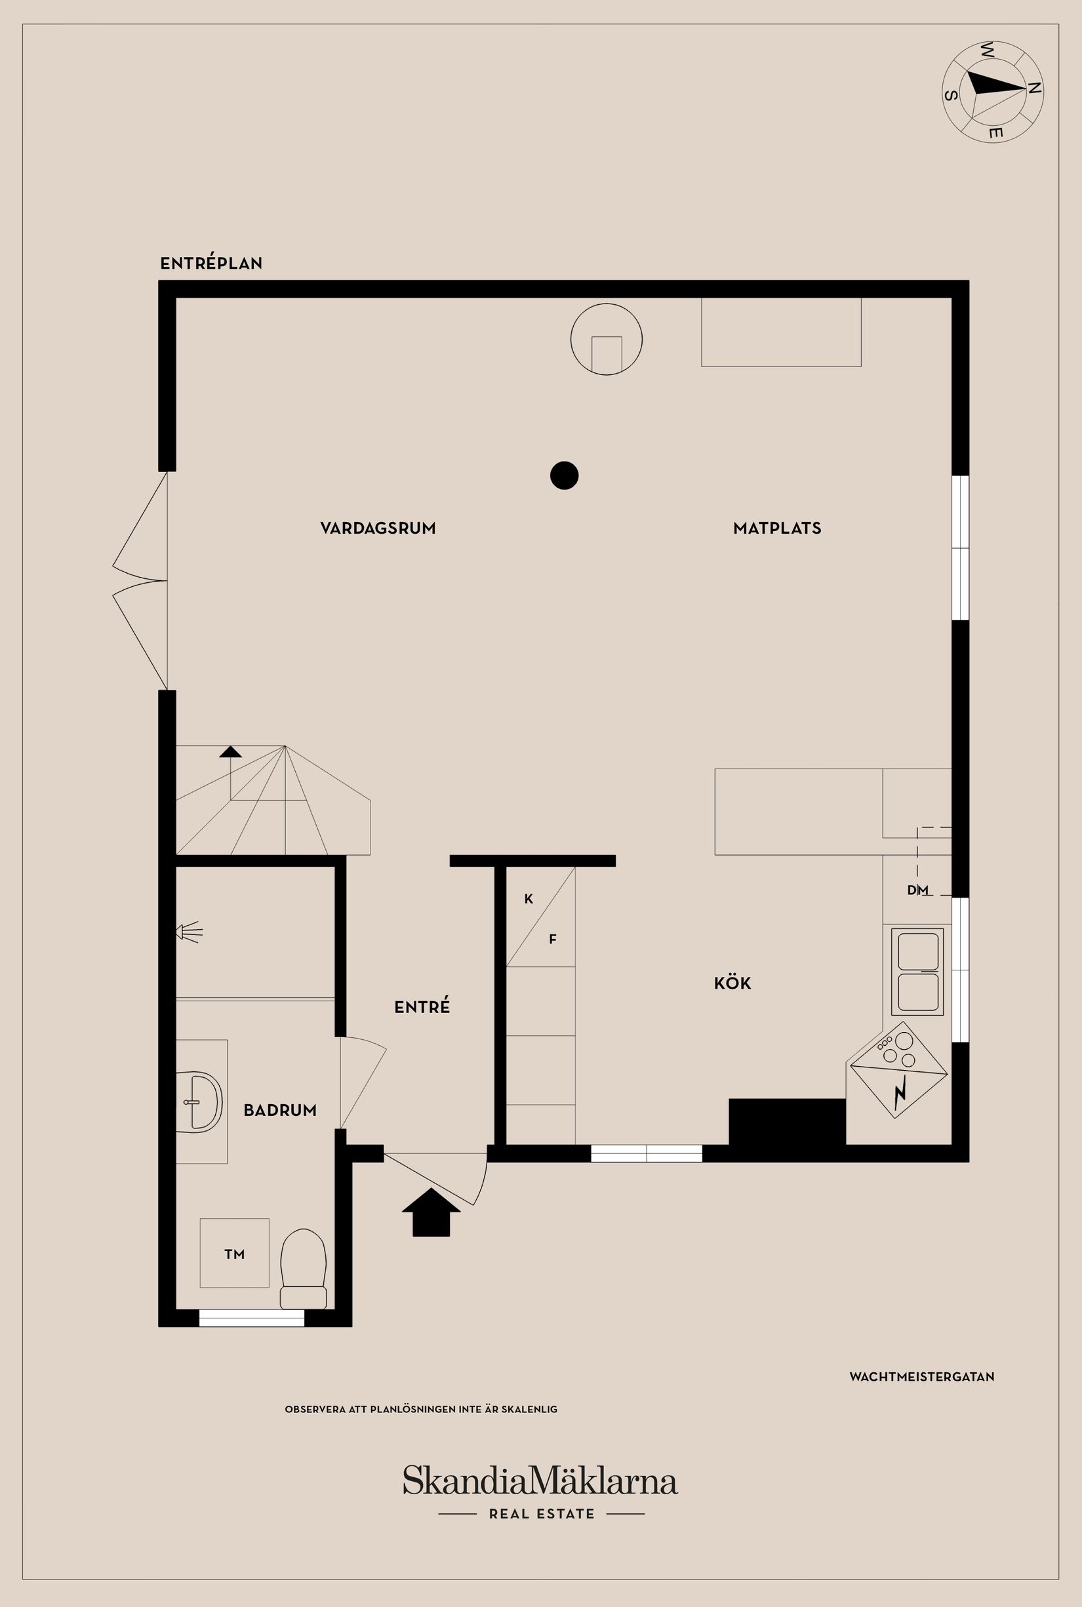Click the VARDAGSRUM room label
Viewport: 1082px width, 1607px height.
click(378, 528)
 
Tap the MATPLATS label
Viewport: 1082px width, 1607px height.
click(777, 528)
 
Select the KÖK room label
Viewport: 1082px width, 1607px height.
click(732, 983)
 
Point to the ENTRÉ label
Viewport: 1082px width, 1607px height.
click(422, 1007)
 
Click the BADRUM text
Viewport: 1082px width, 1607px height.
click(279, 1110)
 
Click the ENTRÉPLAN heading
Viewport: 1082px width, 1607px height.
click(211, 263)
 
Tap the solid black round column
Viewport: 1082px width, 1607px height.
click(564, 475)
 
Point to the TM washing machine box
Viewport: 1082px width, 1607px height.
click(235, 1254)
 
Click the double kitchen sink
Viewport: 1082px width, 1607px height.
click(918, 972)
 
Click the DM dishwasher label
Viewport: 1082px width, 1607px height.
click(917, 890)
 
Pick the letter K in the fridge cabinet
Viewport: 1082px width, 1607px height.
click(529, 899)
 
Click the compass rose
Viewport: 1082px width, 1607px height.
click(992, 91)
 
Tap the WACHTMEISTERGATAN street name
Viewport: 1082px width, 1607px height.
click(921, 1377)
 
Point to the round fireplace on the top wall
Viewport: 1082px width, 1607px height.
click(606, 340)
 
